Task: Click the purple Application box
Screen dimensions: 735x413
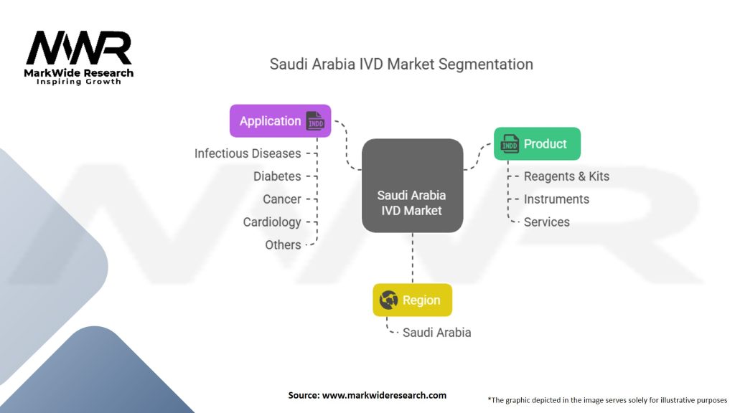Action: coord(280,120)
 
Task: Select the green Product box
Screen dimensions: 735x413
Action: coord(537,144)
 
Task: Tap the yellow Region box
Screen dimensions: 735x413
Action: coord(412,300)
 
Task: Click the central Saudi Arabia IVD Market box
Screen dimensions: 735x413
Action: coord(412,186)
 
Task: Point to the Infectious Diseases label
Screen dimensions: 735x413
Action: coord(248,153)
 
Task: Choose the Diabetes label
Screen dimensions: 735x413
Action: coord(277,176)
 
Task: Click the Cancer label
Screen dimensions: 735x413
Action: coord(282,199)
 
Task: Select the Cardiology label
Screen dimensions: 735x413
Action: coord(272,222)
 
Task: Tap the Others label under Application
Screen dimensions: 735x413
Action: coord(283,245)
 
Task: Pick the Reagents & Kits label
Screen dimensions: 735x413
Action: coord(566,176)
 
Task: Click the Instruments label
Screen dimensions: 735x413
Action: coord(556,199)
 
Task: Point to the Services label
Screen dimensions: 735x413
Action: coord(546,222)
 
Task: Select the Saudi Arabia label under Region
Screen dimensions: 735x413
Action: coord(436,333)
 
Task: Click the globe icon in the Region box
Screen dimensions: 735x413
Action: coord(388,300)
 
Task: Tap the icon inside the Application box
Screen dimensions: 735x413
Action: coord(315,120)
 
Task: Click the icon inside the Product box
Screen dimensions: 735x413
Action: coord(510,144)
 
